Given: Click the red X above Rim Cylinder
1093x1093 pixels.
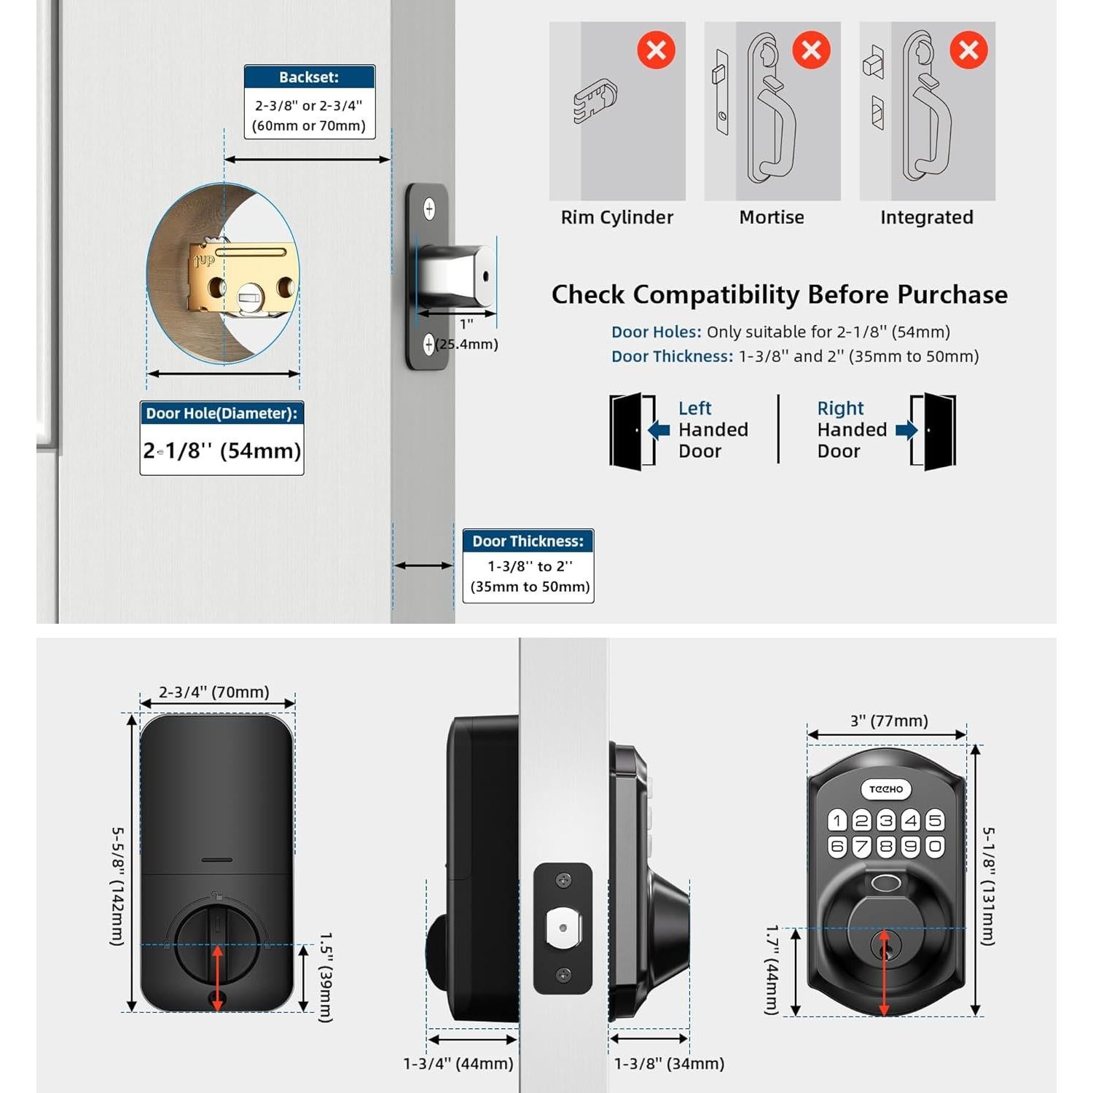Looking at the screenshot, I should click(656, 50).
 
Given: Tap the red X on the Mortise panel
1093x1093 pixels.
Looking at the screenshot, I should click(811, 50).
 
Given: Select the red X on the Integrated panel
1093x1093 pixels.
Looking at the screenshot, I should click(968, 50).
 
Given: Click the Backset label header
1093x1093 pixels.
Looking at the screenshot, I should click(309, 77).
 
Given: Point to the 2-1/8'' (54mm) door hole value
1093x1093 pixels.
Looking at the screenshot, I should click(222, 451).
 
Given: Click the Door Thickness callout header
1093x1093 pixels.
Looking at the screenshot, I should click(528, 541).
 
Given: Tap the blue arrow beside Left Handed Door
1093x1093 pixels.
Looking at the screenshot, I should click(659, 430).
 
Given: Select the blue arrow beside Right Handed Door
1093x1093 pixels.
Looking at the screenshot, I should click(906, 430).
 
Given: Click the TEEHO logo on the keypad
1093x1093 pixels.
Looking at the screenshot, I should click(886, 789).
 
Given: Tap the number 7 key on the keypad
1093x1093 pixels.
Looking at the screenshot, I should click(861, 847).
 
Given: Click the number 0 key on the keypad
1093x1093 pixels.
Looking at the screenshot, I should click(935, 847).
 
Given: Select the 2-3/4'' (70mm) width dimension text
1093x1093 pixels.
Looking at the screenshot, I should click(214, 692).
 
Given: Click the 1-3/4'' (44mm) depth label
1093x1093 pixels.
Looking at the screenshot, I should click(458, 1064).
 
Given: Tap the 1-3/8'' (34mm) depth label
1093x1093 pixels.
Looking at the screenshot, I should click(669, 1064).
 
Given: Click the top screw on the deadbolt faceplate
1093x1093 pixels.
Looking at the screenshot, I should click(429, 209).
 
